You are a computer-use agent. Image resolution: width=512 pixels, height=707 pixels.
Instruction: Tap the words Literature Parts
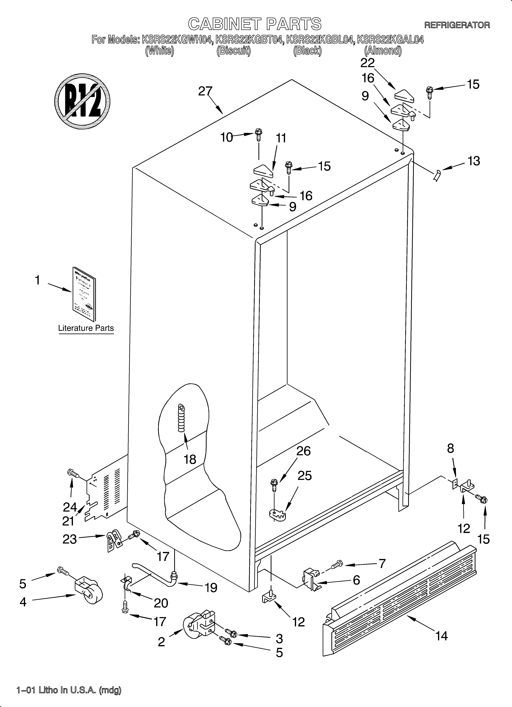[86, 328]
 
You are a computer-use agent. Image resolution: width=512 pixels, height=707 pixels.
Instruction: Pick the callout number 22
[367, 63]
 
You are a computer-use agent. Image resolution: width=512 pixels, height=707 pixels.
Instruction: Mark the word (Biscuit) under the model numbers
[234, 51]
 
